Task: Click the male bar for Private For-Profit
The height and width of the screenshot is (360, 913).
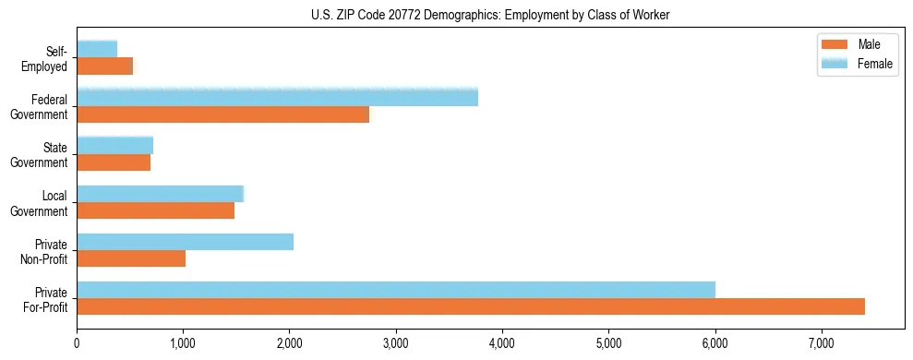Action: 471,306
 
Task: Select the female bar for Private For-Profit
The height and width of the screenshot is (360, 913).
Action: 396,290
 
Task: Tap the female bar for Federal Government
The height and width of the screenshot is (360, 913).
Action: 277,97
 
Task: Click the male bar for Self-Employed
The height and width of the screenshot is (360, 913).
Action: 104,66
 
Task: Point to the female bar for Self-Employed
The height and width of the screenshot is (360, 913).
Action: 97,49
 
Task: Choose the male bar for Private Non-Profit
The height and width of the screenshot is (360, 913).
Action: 131,258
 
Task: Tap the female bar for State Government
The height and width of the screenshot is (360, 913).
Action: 114,146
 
